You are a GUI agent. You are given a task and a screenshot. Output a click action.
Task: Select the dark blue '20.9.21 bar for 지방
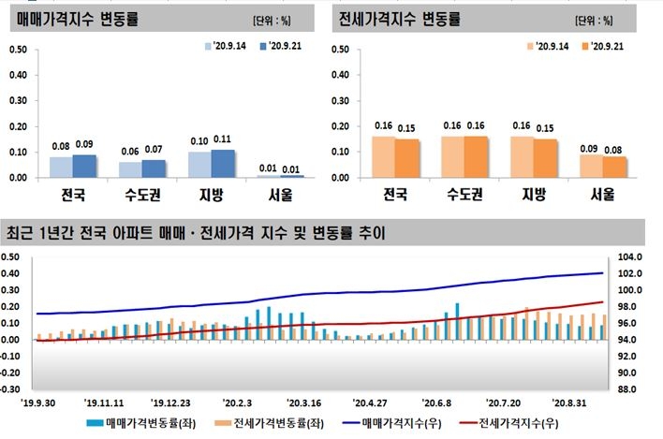pyautogui.click(x=224, y=163)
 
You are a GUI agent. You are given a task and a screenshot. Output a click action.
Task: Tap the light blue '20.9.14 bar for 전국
pyautogui.click(x=61, y=167)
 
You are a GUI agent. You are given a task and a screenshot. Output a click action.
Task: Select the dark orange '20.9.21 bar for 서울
pyautogui.click(x=614, y=167)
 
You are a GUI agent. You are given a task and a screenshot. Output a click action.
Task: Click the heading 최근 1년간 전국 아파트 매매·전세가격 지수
pyautogui.click(x=196, y=232)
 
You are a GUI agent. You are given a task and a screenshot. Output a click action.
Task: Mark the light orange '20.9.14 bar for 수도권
pyautogui.click(x=453, y=156)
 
